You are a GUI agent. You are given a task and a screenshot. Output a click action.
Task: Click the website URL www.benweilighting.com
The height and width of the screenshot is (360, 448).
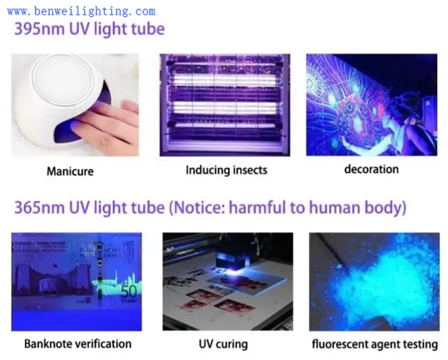coord(81,11)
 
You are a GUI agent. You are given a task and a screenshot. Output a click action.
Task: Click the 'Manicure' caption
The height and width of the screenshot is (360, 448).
coord(70,171)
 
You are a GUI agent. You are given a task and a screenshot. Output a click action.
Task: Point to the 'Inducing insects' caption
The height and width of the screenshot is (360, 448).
coord(226,170)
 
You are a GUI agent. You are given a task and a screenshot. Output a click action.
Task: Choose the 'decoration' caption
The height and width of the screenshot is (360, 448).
coord(371,169)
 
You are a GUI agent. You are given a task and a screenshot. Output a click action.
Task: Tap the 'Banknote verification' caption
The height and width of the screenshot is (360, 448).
coord(77,343)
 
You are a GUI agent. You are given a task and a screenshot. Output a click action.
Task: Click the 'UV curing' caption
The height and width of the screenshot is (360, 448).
coord(223,344)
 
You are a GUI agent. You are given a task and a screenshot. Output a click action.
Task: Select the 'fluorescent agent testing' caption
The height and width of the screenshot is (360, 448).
coord(374,344)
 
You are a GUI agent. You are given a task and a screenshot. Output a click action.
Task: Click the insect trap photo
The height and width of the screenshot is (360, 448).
coord(224,104)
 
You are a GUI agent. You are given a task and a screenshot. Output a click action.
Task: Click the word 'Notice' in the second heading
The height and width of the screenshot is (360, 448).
coord(195,208)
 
